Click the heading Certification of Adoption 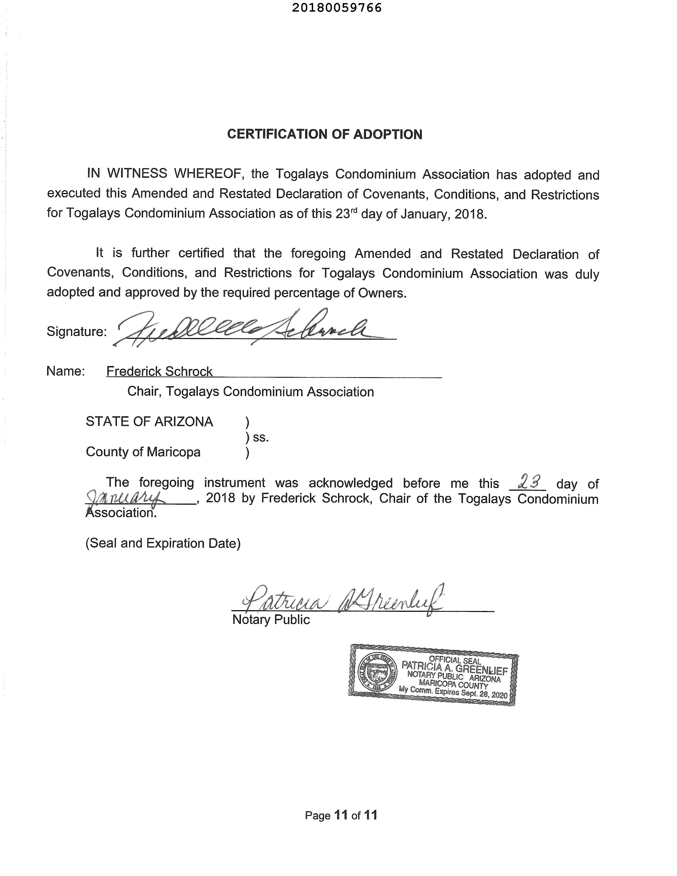(x=324, y=134)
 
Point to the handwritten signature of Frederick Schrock (x=249, y=328)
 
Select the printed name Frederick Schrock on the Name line (x=159, y=371)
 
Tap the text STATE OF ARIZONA (x=149, y=422)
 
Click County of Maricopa (x=143, y=452)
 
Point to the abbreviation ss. (x=261, y=437)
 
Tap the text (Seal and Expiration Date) (x=163, y=543)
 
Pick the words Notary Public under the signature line (x=271, y=620)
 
